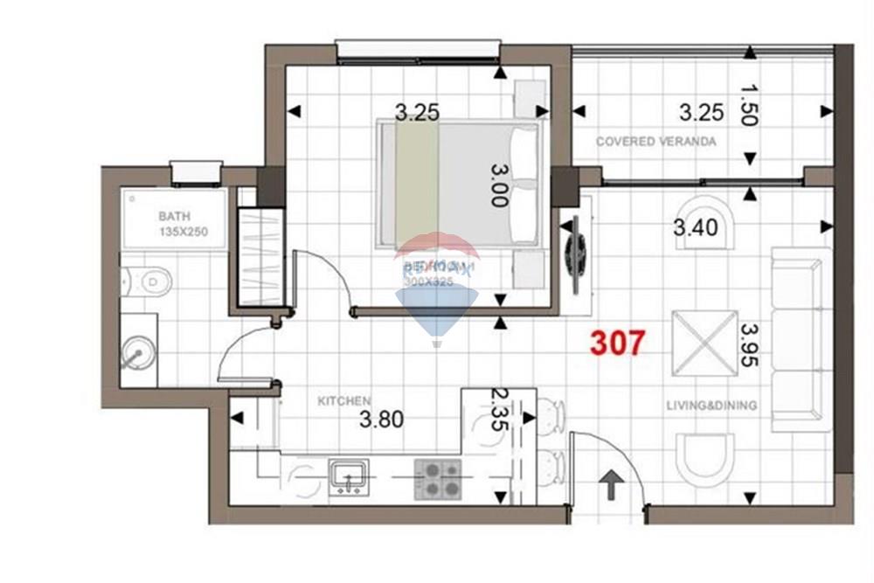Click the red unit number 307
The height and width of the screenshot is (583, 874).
(618, 343)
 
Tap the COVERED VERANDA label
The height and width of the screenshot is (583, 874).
(655, 142)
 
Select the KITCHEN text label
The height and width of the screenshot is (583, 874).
(343, 400)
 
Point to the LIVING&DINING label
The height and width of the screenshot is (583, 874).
(711, 406)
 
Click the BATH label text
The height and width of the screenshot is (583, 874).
(174, 217)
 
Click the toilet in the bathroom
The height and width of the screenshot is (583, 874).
(150, 281)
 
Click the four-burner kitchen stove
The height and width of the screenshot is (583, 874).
(437, 479)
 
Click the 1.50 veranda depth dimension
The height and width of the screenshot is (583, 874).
(748, 105)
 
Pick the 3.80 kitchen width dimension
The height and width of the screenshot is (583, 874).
(382, 420)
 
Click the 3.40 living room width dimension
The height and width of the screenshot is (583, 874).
(695, 228)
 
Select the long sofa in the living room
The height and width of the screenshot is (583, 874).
(799, 340)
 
